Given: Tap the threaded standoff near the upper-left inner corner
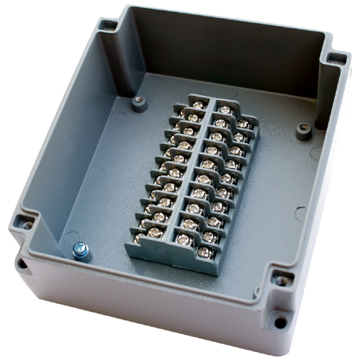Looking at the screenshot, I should point(139,103).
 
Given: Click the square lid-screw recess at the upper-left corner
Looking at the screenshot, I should point(107,27).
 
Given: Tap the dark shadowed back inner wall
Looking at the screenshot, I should point(216,50).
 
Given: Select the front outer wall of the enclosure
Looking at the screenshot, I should point(144,310).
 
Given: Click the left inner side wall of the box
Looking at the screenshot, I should point(72,144).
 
